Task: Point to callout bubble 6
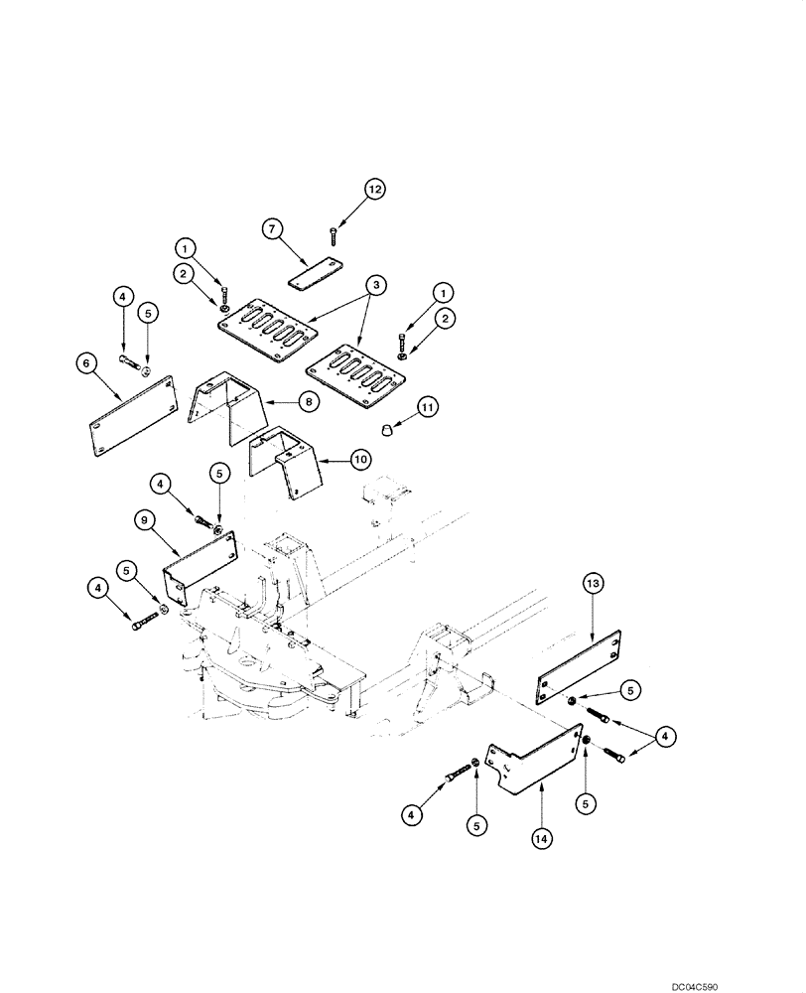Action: (87, 363)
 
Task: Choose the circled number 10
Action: (358, 459)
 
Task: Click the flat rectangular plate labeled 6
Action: (131, 416)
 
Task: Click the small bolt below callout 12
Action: (331, 234)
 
